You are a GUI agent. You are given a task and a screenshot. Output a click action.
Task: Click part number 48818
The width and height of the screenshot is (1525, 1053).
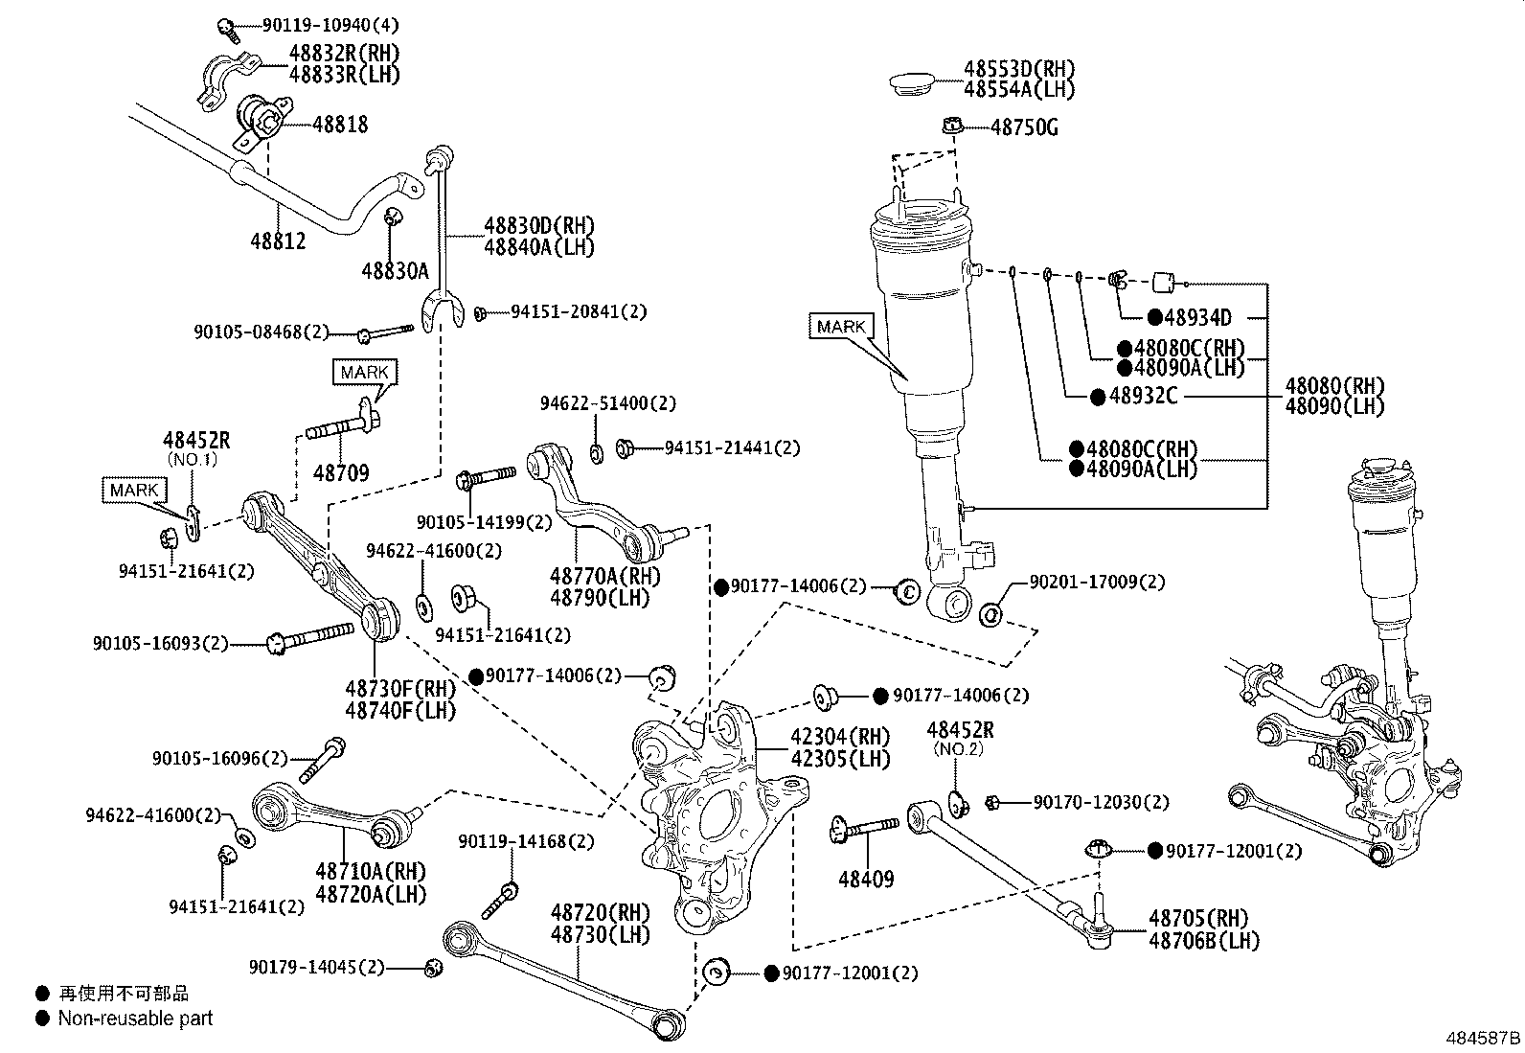coord(340,125)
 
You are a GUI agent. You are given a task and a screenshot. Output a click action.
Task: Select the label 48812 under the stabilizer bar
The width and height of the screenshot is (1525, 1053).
coord(278,241)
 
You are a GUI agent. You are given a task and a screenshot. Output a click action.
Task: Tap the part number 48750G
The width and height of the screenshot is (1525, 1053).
coord(1024,127)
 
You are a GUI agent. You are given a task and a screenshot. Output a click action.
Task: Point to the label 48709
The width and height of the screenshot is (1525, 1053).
coord(341,472)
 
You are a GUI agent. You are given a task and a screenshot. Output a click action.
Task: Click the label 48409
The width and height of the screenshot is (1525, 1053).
coord(866,880)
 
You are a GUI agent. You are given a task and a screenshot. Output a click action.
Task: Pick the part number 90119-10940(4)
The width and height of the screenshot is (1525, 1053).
coord(330,25)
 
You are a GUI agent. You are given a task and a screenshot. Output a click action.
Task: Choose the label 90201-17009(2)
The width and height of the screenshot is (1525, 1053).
coord(1098,582)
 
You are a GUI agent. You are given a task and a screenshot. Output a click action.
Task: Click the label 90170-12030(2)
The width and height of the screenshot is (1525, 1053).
coord(1101,802)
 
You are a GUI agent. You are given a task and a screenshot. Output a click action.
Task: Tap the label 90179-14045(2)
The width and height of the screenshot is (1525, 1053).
coord(316,967)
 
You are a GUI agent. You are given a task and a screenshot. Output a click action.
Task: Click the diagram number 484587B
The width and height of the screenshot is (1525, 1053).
coord(1483,1038)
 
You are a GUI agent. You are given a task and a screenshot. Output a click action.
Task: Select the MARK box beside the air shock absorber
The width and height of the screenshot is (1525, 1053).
coord(841,327)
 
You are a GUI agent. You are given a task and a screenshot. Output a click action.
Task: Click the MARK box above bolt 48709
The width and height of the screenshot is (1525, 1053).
coord(364,372)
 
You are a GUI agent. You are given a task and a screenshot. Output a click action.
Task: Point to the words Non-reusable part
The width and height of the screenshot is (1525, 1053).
coord(135,1019)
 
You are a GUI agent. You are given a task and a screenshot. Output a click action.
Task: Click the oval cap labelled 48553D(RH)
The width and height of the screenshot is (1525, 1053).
coord(912,84)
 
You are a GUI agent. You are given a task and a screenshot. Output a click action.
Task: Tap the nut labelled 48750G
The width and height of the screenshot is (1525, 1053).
coord(953,126)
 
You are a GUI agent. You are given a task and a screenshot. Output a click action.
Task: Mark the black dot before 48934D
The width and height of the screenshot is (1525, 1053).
coord(1154,317)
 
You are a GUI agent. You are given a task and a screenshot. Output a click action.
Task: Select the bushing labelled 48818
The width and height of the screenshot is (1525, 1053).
coord(264,123)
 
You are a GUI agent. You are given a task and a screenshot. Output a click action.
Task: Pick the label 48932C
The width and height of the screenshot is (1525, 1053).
coord(1143,396)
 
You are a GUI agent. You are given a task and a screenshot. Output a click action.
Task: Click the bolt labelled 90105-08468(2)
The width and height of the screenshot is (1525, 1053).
coord(385,333)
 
